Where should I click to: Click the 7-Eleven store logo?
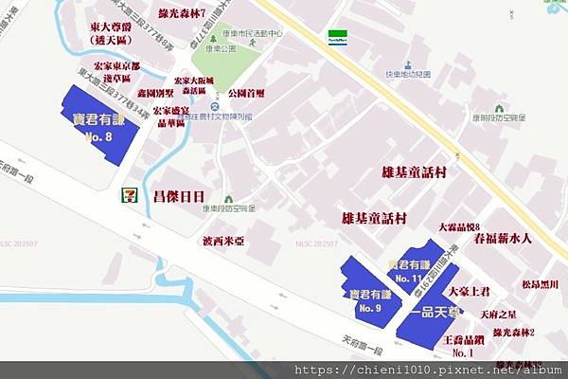click(x=128, y=194)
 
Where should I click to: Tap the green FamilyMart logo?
click(x=337, y=36)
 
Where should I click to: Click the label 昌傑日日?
click(x=172, y=196)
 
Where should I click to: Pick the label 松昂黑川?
click(x=540, y=283)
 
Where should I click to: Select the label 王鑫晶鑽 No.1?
click(x=464, y=345)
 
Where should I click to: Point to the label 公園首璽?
click(x=248, y=95)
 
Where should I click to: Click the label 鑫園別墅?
click(x=154, y=95)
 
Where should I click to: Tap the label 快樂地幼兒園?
click(x=409, y=74)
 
